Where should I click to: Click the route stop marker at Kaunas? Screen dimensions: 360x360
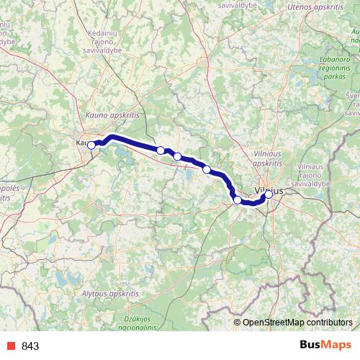coord(91,145)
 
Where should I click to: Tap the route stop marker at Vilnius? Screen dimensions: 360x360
coord(269,194)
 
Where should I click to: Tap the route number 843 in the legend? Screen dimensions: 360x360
coord(30,346)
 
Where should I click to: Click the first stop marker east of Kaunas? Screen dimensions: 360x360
coord(161,150)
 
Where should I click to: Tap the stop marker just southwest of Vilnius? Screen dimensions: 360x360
coord(237,199)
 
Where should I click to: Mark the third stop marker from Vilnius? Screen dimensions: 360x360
coord(207,169)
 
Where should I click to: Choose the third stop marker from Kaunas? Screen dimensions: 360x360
coord(177,156)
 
